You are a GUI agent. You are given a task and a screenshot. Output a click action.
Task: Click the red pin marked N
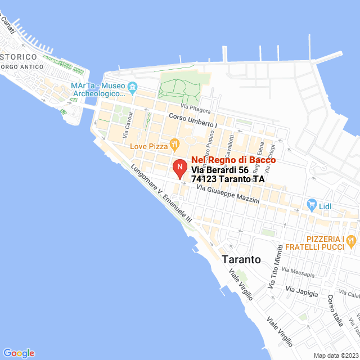pyautogui.click(x=179, y=168)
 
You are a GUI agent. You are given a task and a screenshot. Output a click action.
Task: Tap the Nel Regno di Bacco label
pyautogui.click(x=233, y=160)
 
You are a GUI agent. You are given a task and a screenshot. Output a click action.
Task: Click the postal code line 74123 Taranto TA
pyautogui.click(x=228, y=179)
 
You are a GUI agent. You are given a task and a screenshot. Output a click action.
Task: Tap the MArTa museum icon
pyautogui.click(x=133, y=87)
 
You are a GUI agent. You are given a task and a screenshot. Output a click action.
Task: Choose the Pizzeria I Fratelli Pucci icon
pyautogui.click(x=352, y=241)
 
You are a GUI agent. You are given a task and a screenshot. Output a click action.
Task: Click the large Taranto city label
pyautogui.click(x=241, y=260)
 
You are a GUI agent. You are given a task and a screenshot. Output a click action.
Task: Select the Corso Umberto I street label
pyautogui.click(x=192, y=120)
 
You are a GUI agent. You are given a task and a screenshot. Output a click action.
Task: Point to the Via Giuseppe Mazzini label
pyautogui.click(x=228, y=195)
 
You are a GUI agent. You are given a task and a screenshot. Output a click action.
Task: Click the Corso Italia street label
pyautogui.click(x=335, y=311)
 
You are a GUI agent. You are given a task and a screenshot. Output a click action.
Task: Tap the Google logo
pyautogui.click(x=19, y=353)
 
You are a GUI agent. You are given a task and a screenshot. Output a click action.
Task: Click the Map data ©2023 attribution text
pyautogui.click(x=336, y=355)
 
